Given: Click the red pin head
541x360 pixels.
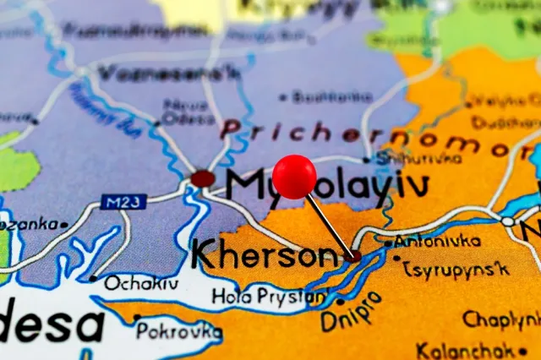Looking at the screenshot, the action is click(294, 177).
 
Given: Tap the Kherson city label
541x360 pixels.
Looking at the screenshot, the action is click(265, 253).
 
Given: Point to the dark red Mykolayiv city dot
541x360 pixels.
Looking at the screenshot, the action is click(203, 178).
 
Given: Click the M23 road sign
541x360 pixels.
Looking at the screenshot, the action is click(123, 202).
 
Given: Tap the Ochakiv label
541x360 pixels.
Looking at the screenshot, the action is click(141, 283).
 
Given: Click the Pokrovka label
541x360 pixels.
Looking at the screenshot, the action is click(179, 330).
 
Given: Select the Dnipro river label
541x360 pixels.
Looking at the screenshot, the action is click(350, 310).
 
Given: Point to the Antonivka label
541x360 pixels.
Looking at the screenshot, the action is click(439, 242).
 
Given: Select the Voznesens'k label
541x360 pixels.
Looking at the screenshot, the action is click(168, 74).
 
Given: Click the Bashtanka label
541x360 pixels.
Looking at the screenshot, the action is click(331, 97).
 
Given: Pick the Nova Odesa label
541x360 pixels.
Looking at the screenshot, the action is click(186, 112).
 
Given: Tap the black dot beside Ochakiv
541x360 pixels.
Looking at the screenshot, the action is click(92, 278).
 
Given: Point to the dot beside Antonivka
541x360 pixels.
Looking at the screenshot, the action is click(388, 243).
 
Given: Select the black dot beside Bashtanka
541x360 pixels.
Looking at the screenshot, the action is click(282, 97).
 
